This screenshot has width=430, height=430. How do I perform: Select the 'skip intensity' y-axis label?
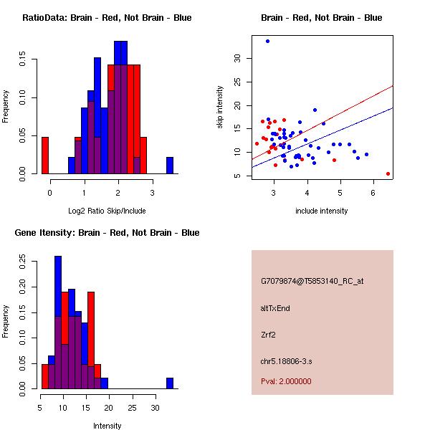point(220,107)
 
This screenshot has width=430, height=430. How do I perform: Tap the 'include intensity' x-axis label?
point(322,211)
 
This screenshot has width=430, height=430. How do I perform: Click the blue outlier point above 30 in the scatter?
point(267,42)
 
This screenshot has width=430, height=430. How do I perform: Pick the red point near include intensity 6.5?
point(388,173)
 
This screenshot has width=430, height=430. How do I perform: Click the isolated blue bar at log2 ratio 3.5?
point(170,166)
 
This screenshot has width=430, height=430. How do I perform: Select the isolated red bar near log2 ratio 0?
point(44,155)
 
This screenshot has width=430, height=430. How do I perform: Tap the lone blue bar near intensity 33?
point(170,383)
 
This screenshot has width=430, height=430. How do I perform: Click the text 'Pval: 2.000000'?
point(286,381)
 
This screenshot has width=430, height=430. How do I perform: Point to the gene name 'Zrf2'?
point(269,334)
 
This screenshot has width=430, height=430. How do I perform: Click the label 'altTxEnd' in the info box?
point(275,308)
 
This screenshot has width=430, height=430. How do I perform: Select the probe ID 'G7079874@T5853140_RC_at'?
point(312,282)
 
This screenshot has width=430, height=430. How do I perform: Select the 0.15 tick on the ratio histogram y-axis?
point(25,62)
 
